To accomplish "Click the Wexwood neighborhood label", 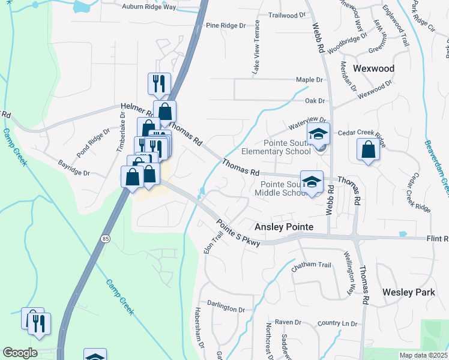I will pos(373,68).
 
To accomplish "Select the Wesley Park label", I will pos(408,292).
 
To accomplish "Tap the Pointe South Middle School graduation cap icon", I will pos(312,182).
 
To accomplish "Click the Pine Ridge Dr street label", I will pos(226,26).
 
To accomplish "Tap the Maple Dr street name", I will pos(310,80).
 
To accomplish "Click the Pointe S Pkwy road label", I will pos(239,232).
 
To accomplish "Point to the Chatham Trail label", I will pos(311,265).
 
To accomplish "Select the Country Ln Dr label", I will pos(337,323).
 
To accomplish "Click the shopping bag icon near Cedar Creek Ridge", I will pos(367,150).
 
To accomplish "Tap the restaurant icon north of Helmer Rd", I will pos(159,84).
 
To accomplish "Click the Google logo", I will pos(20,353).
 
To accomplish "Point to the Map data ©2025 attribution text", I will pos(423,355).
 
